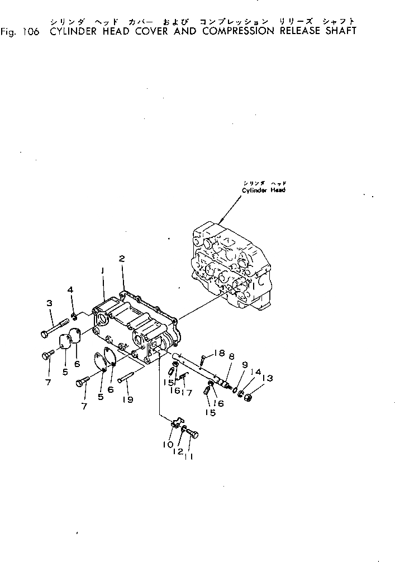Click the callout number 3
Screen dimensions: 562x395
click(x=49, y=303)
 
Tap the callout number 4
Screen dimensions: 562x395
click(x=70, y=289)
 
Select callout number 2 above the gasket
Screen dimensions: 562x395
click(x=121, y=258)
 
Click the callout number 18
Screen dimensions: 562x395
click(x=219, y=353)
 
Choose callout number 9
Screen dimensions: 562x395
click(x=244, y=365)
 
